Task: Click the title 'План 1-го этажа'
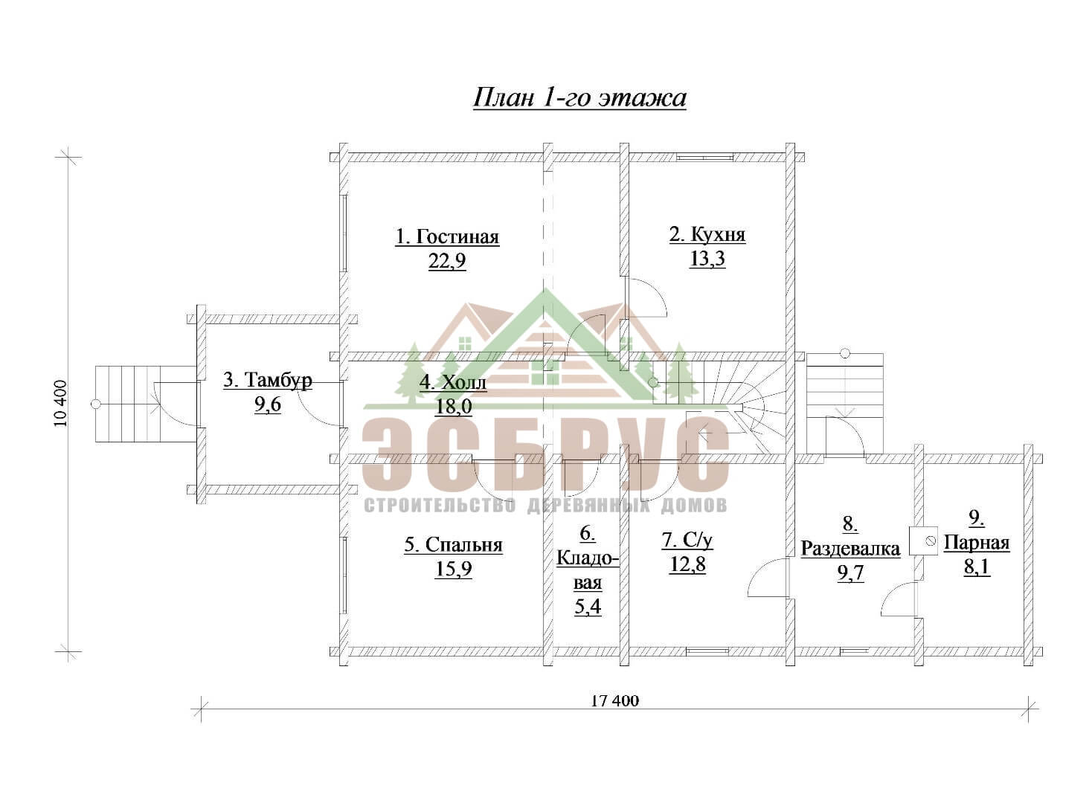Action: (579, 98)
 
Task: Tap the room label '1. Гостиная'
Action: (447, 236)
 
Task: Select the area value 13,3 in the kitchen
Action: (707, 259)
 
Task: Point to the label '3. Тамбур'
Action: (268, 381)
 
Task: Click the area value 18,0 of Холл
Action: (453, 406)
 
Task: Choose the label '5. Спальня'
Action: (453, 545)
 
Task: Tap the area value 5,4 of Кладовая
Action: (588, 607)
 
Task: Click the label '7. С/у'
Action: (687, 541)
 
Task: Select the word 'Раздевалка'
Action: (851, 549)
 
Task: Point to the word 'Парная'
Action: (977, 543)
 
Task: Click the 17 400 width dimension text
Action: (614, 701)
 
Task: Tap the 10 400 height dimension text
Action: (61, 404)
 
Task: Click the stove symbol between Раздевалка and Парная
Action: (924, 541)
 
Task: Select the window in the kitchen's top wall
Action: (704, 158)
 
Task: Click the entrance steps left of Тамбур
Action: (128, 404)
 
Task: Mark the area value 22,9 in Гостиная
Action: (447, 261)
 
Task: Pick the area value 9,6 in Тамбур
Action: (268, 405)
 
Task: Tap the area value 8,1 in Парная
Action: (977, 567)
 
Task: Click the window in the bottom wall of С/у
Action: (707, 651)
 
